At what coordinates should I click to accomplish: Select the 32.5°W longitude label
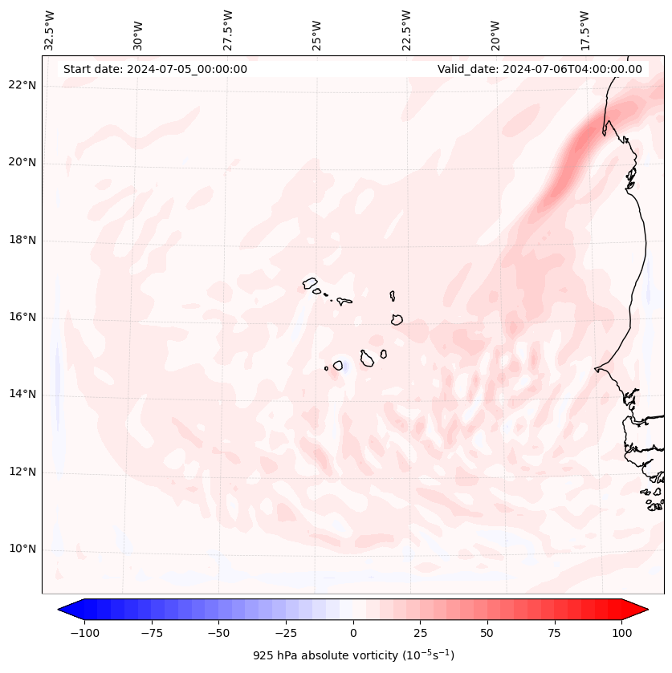point(50,30)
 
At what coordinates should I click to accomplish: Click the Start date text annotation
point(155,69)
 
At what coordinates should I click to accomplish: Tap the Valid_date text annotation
point(540,69)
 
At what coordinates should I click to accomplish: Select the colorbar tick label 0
point(353,633)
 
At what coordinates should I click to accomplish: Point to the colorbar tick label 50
point(487,633)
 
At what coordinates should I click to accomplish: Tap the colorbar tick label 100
point(621,633)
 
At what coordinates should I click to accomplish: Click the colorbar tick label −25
point(286,633)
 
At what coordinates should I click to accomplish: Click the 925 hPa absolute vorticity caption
point(353,655)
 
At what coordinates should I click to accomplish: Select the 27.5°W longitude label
point(228,30)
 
